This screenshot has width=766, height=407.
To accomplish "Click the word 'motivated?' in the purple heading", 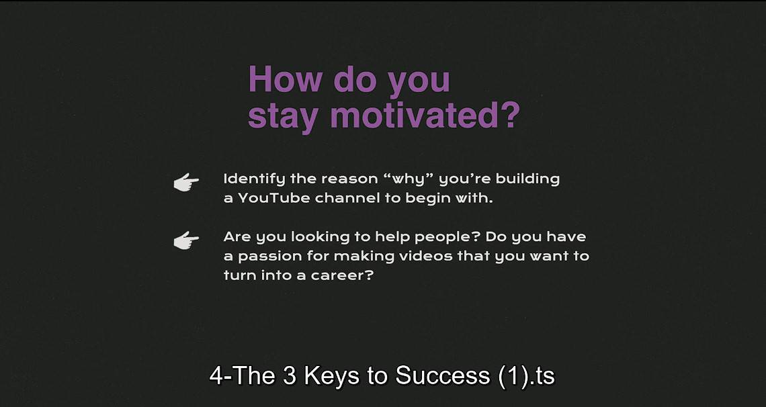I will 425,116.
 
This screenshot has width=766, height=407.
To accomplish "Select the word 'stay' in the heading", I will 283,117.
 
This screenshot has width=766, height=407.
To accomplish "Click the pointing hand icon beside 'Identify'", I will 186,182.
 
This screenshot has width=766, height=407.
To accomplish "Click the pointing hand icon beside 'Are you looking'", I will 186,240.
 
